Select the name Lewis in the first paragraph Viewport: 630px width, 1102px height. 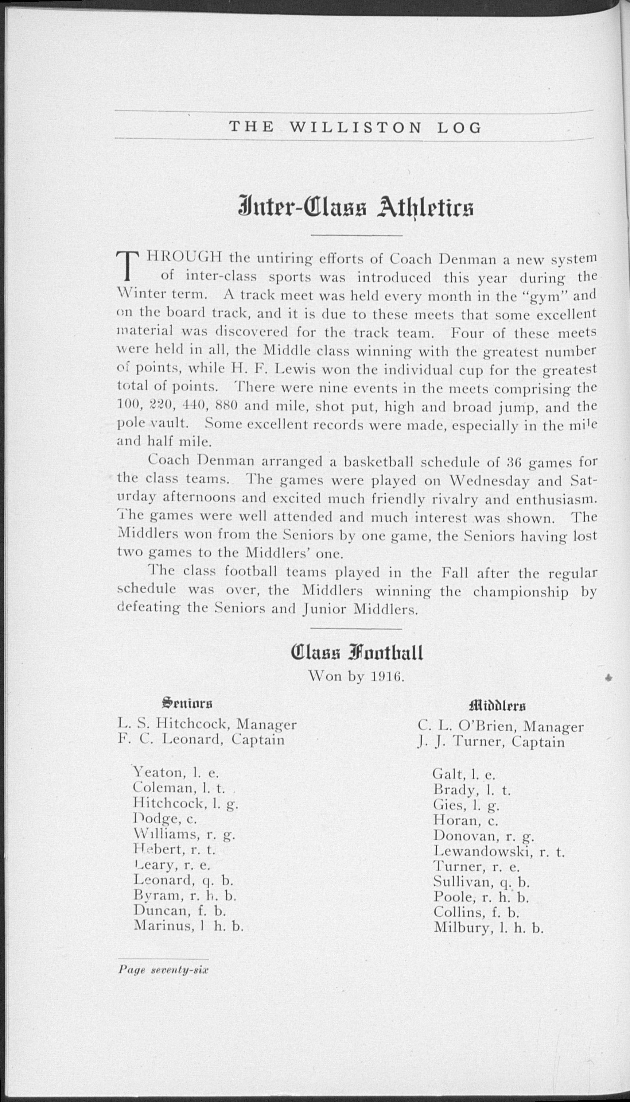[293, 370]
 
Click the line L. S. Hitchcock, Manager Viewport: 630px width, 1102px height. [207, 724]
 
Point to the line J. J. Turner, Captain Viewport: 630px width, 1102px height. [491, 742]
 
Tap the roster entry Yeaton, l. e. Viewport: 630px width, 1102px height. [176, 773]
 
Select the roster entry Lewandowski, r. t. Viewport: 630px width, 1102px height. [499, 852]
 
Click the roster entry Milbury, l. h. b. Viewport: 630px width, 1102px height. [488, 928]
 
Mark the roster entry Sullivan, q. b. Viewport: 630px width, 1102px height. [481, 882]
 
